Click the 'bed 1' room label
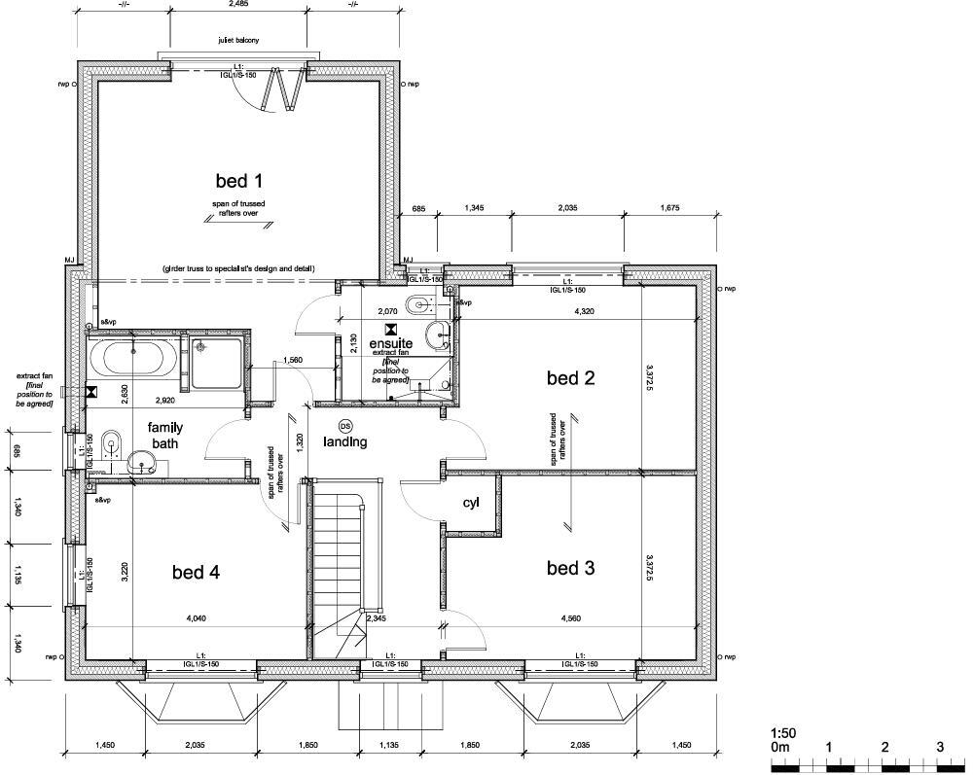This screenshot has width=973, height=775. point(239,180)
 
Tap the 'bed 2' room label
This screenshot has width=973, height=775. point(570,378)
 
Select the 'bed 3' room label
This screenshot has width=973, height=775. point(570,568)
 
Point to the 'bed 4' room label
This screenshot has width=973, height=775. point(196,573)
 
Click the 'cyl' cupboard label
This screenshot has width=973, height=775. point(472,503)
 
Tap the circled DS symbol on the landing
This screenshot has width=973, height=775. point(345,427)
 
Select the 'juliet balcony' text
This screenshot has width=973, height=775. point(238,41)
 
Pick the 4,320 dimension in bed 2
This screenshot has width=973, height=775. point(585,312)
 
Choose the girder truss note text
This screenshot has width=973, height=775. point(238,268)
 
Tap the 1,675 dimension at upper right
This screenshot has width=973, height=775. point(669,207)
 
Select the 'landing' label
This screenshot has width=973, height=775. point(345,442)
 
